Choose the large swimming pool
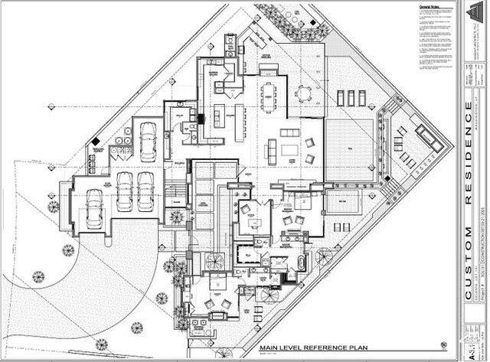click(350, 149)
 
